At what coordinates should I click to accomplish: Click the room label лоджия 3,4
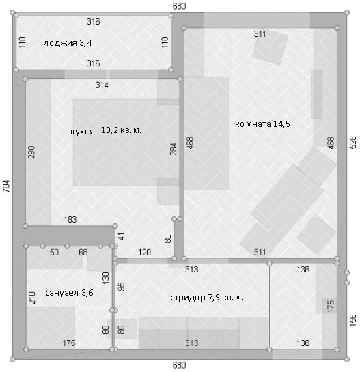(x=68, y=43)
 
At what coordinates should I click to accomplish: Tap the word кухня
(x=83, y=132)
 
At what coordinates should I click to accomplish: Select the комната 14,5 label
(x=262, y=124)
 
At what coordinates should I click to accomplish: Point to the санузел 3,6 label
(x=69, y=293)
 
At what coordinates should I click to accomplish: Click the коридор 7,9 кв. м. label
(x=206, y=298)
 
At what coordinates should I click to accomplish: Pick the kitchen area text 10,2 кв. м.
(x=121, y=130)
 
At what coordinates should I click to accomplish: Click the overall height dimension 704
(x=6, y=186)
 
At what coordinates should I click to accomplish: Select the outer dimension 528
(x=353, y=143)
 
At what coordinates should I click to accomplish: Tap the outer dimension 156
(x=353, y=320)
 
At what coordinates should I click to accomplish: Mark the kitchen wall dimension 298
(x=31, y=152)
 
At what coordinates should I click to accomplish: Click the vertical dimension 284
(x=174, y=149)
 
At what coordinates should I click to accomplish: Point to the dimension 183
(x=70, y=220)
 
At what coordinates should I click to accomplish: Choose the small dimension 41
(x=122, y=237)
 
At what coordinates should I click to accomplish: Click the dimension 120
(x=144, y=252)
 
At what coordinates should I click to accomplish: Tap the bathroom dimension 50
(x=54, y=252)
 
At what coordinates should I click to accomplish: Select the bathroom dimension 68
(x=83, y=252)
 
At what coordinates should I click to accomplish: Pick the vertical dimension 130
(x=105, y=278)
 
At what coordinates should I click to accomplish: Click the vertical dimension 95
(x=122, y=287)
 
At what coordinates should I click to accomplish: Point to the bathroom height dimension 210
(x=32, y=298)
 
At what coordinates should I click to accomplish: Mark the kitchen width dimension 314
(x=102, y=85)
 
